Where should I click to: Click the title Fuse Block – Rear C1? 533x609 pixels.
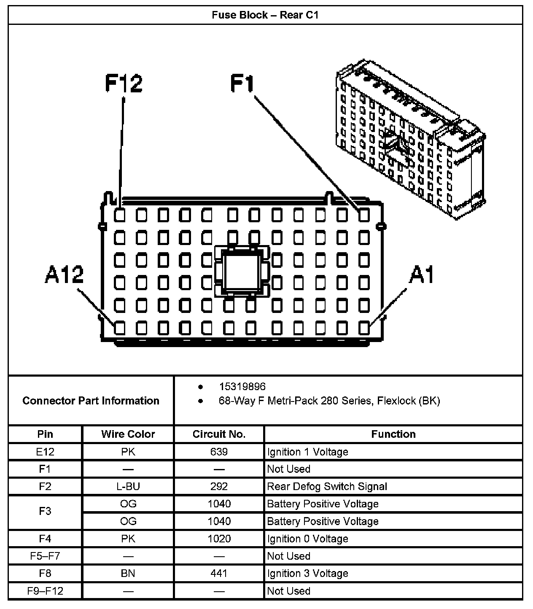pyautogui.click(x=265, y=16)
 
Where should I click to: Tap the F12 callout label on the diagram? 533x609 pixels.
pyautogui.click(x=124, y=83)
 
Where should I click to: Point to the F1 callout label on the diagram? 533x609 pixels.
pyautogui.click(x=242, y=83)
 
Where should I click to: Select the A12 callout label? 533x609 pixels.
pyautogui.click(x=64, y=275)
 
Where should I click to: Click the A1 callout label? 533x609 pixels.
pyautogui.click(x=422, y=275)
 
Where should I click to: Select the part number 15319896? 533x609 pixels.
pyautogui.click(x=242, y=386)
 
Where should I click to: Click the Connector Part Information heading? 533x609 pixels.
pyautogui.click(x=91, y=401)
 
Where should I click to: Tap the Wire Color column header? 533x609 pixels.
pyautogui.click(x=128, y=434)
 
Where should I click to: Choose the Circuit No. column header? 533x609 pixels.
pyautogui.click(x=219, y=434)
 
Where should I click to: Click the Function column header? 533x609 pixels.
pyautogui.click(x=393, y=434)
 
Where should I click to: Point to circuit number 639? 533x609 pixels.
pyautogui.click(x=219, y=452)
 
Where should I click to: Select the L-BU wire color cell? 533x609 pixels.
pyautogui.click(x=128, y=487)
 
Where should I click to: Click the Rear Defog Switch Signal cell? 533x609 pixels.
pyautogui.click(x=327, y=487)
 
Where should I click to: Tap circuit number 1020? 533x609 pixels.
pyautogui.click(x=219, y=539)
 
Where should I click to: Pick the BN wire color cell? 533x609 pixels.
pyautogui.click(x=128, y=574)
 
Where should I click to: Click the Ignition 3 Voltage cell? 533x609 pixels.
pyautogui.click(x=307, y=574)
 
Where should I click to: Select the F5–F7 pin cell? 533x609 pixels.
pyautogui.click(x=45, y=556)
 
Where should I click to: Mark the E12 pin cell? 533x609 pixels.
pyautogui.click(x=45, y=452)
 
